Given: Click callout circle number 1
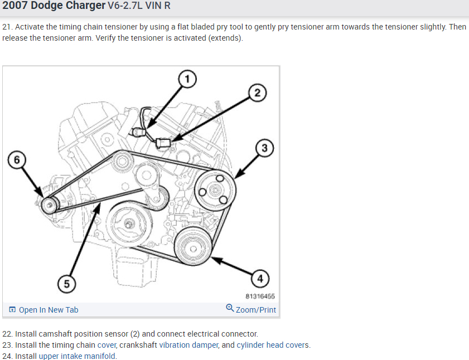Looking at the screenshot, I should tap(187, 79).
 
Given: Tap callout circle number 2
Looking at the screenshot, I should tap(257, 93).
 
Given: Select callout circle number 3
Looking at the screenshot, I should tap(264, 148).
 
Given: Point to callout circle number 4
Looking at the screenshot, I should tap(259, 278).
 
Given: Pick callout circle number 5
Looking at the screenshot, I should tap(67, 284).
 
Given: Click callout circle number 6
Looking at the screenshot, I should tap(17, 159).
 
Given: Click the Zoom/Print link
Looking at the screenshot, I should tap(251, 310).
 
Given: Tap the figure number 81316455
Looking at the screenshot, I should tap(260, 296).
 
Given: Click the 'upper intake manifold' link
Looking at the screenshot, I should tap(78, 356).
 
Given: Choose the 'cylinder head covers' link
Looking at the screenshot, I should tap(273, 345).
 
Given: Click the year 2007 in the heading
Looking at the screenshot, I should tap(15, 6).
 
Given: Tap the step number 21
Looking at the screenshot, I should tap(7, 27).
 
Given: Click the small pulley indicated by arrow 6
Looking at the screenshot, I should tap(50, 206).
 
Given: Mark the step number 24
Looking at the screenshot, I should tap(7, 356).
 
